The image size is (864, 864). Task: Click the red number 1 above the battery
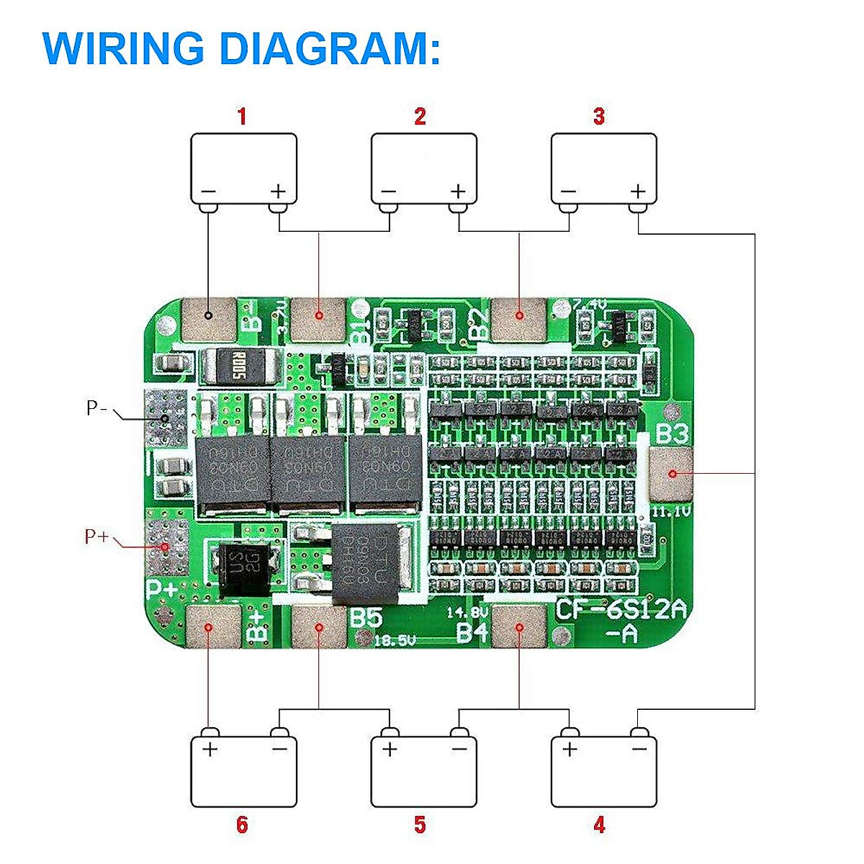[242, 117]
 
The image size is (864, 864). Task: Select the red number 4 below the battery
[599, 824]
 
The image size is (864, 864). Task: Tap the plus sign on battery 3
[638, 192]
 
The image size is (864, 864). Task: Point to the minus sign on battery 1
[208, 192]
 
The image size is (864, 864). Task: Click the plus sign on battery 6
[210, 750]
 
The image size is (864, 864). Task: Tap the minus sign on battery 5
[459, 750]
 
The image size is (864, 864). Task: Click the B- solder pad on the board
[209, 320]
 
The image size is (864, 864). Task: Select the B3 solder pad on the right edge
[670, 474]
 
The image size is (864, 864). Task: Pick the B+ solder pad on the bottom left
[213, 626]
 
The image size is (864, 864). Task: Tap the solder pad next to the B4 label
[518, 626]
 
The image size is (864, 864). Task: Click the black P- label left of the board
[96, 408]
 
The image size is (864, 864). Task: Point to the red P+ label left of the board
[96, 536]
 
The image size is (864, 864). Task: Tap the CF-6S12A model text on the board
[621, 611]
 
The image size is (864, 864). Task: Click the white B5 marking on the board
[365, 618]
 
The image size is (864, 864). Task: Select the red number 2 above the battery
[420, 117]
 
